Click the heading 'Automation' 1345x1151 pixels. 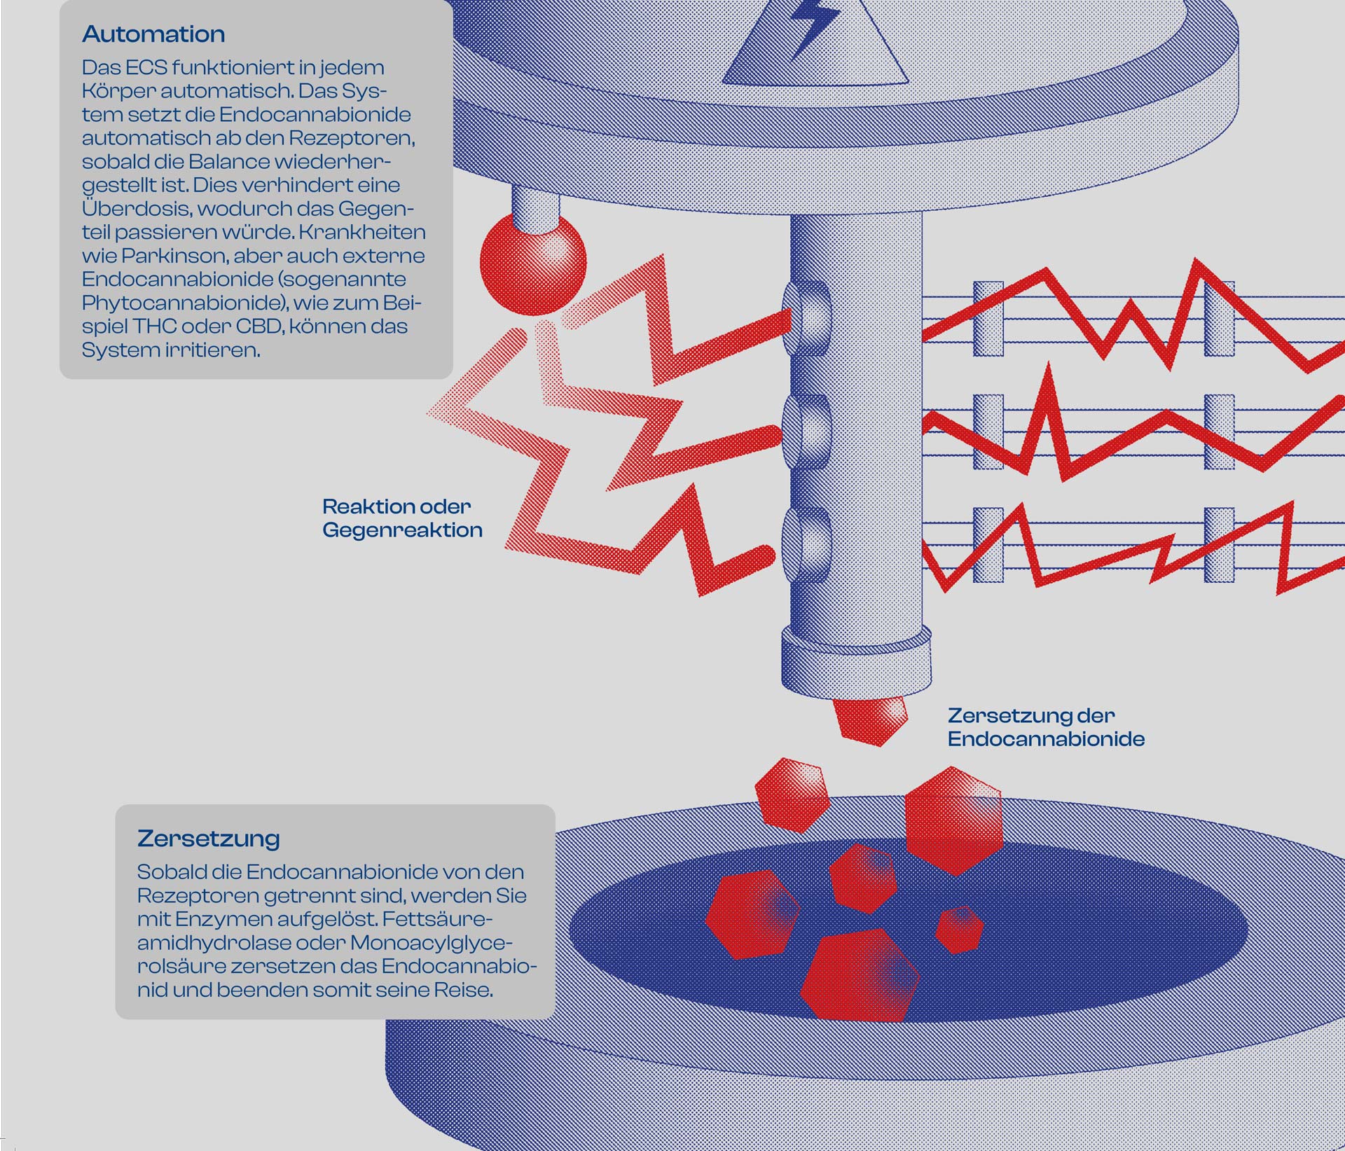click(x=153, y=34)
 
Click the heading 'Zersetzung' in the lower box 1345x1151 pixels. click(x=208, y=838)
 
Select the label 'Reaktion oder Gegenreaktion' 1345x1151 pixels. click(x=402, y=518)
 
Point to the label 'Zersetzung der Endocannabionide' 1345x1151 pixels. click(x=1045, y=727)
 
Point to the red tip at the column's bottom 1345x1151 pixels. click(x=869, y=719)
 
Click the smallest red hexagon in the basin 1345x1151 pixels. click(x=959, y=929)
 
